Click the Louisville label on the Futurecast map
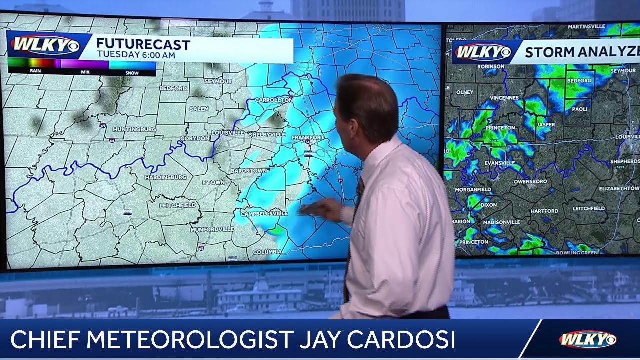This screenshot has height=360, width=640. coord(228,133)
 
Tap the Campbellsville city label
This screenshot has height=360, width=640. coord(264,213)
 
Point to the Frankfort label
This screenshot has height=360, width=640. coord(308,137)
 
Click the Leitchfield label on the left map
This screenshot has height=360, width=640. coord(178,205)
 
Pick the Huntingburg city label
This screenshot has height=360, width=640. coord(135,129)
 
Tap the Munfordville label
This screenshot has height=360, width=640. coord(212,229)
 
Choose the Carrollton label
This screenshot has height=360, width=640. coord(273,100)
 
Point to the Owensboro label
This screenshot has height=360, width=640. coord(530,181)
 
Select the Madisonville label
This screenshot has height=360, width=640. coord(501,222)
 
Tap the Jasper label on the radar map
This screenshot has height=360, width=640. coord(545,124)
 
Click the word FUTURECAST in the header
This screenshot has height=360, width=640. coord(143,45)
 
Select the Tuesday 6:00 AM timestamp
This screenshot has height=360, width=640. coord(136,55)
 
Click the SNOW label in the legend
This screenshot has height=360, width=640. coord(132,72)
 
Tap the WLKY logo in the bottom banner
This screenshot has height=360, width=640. coord(587,340)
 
